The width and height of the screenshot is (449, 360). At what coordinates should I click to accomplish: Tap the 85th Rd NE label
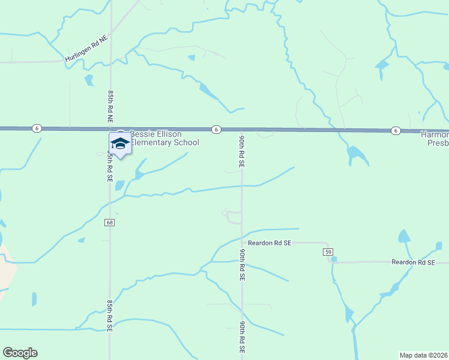coord(110,107)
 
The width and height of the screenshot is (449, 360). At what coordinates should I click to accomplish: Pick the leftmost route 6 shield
coord(37,128)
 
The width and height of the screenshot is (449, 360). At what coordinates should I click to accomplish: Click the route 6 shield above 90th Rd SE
coord(216,129)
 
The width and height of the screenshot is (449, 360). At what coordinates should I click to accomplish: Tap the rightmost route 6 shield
coord(395,130)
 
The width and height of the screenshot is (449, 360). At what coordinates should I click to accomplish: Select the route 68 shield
coord(109,223)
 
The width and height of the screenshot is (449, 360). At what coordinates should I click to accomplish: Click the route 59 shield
coord(327,251)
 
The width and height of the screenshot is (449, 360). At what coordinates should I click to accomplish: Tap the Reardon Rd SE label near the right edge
coord(412,262)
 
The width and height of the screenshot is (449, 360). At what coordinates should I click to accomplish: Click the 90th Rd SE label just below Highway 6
coord(241,151)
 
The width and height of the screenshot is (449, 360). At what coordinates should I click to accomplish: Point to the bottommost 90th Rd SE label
coord(241,337)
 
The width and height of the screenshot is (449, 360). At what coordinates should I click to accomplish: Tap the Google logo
coord(20,353)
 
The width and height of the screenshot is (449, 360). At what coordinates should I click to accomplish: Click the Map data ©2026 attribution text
coord(423,355)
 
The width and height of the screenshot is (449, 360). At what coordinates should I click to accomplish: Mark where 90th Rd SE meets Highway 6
coord(241,130)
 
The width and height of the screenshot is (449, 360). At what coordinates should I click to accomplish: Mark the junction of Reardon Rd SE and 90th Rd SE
coord(242,243)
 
